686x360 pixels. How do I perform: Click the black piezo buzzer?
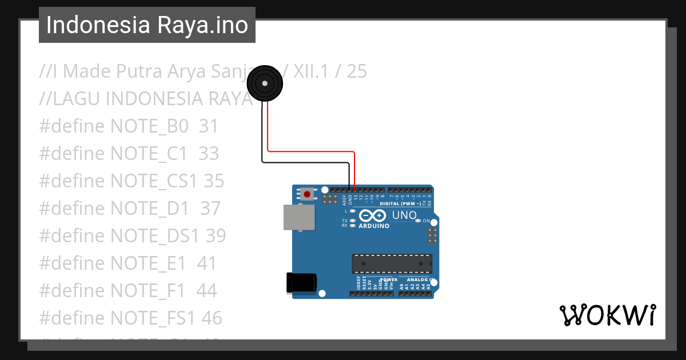264,83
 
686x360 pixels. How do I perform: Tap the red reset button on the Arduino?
307,194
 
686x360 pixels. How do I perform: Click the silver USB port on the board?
299,218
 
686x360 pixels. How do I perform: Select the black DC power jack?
301,283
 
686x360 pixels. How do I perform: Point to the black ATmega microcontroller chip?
392,263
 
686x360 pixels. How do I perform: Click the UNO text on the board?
404,215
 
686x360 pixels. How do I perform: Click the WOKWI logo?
607,315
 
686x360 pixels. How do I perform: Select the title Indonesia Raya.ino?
147,25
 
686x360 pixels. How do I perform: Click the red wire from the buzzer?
312,151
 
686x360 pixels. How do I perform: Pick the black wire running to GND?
306,162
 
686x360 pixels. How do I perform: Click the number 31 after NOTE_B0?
209,126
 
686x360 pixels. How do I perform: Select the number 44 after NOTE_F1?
206,291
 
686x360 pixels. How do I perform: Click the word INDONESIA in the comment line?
151,99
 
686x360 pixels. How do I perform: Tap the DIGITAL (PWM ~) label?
400,203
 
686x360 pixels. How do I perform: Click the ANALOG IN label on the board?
420,280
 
